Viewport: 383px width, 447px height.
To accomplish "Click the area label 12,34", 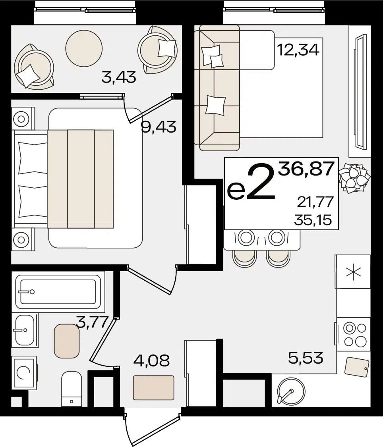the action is pyautogui.click(x=298, y=50).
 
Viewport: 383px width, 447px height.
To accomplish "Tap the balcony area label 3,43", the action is pyautogui.click(x=119, y=77).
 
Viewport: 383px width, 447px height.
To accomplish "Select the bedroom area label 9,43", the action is pyautogui.click(x=159, y=127).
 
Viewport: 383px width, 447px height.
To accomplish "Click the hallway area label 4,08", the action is pyautogui.click(x=151, y=360).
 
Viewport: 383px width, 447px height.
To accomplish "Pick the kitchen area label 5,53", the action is pyautogui.click(x=306, y=358).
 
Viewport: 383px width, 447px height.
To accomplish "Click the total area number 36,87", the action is pyautogui.click(x=306, y=169).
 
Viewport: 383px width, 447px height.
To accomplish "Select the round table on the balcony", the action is pyautogui.click(x=83, y=48).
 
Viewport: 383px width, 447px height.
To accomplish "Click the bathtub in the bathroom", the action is pyautogui.click(x=58, y=292).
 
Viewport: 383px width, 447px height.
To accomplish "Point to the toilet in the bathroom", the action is pyautogui.click(x=72, y=389).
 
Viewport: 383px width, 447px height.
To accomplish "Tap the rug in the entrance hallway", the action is pyautogui.click(x=153, y=388).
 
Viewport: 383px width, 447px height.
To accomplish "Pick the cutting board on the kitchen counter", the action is pyautogui.click(x=357, y=367).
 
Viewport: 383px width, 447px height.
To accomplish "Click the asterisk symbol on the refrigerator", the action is pyautogui.click(x=353, y=272).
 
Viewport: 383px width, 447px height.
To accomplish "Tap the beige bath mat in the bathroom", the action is pyautogui.click(x=67, y=341).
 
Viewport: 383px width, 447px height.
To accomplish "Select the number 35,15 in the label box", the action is pyautogui.click(x=313, y=220).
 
